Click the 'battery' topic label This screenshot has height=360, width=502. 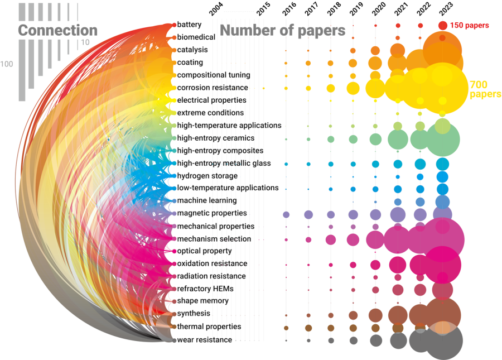[x=189, y=25]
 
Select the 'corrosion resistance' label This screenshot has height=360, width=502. [x=213, y=88]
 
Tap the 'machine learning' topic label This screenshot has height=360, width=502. [x=207, y=200]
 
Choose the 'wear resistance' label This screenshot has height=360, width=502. [x=204, y=340]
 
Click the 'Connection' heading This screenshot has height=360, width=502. [x=57, y=30]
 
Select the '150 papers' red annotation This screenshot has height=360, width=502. [x=469, y=25]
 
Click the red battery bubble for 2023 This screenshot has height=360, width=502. [x=442, y=25]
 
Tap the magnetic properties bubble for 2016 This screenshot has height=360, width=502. [x=286, y=214]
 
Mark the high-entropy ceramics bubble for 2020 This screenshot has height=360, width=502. [x=375, y=139]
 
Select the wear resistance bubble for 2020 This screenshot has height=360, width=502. [x=375, y=340]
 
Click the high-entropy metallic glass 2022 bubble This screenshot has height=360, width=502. [x=420, y=164]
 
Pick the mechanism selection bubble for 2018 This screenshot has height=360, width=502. [x=331, y=239]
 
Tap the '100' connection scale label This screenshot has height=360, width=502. [x=7, y=64]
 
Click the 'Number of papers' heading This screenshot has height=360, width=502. [x=283, y=30]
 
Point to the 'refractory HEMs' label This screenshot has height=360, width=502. [x=205, y=289]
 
